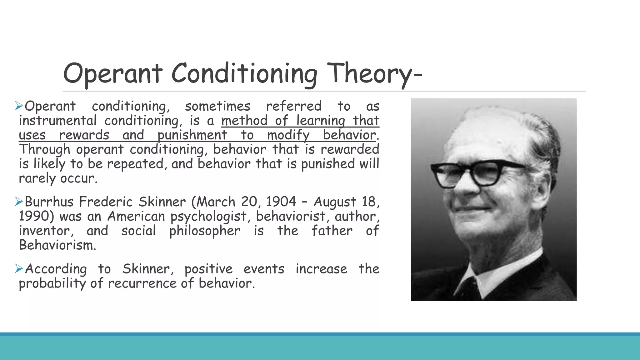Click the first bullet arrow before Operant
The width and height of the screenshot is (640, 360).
[19, 106]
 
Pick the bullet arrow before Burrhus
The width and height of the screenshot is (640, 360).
[19, 202]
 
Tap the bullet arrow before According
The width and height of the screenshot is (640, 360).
[19, 268]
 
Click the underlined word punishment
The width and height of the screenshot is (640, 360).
[192, 135]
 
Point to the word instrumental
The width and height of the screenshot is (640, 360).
[57, 121]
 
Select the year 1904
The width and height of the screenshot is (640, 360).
[281, 202]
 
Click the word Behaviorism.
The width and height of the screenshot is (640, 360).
[57, 245]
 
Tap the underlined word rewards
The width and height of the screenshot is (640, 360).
[84, 135]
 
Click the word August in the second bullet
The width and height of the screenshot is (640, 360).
[335, 202]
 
